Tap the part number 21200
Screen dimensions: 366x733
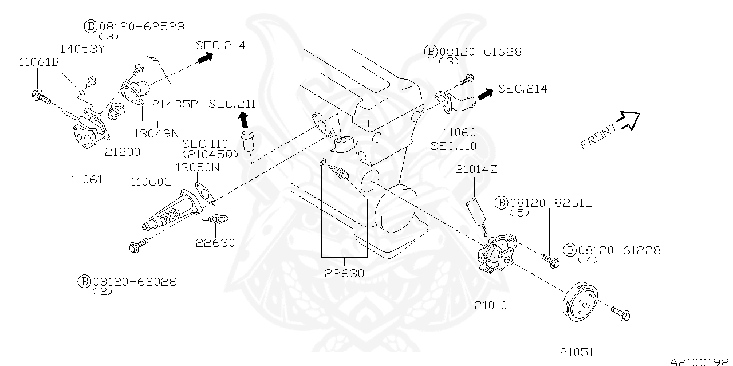click(x=122, y=152)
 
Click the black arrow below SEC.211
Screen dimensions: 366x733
click(x=243, y=119)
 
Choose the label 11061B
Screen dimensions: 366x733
click(x=38, y=62)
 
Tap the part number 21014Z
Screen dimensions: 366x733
click(x=476, y=169)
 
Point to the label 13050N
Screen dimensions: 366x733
click(x=197, y=167)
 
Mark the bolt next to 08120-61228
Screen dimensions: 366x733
click(x=620, y=313)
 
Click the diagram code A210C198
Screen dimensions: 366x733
click(x=700, y=361)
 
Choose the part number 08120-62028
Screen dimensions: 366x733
click(x=135, y=281)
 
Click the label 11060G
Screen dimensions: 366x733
click(x=151, y=182)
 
